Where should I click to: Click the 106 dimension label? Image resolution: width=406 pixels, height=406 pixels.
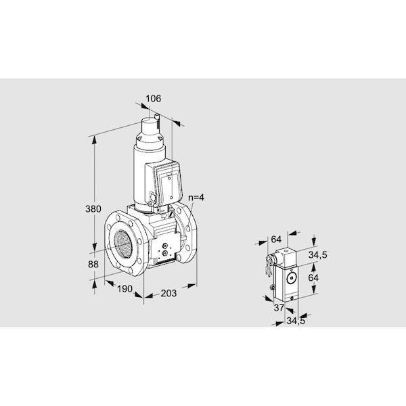coord(153,99)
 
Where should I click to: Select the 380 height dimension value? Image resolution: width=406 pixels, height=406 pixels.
coord(93,208)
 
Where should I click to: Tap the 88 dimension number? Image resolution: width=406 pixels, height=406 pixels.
coord(93,265)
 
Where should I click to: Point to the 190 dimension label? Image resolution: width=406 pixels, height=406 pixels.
coord(125,289)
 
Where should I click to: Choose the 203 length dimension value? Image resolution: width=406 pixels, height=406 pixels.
coord(168,293)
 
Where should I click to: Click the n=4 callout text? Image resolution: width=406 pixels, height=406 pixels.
coord(196,198)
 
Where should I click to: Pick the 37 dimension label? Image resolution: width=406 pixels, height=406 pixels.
coord(279,308)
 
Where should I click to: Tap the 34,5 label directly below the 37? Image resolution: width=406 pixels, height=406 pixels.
coord(296,321)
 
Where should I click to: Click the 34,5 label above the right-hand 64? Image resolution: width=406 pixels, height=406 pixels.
coord(318,255)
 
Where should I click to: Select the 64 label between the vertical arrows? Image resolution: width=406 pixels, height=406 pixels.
coord(313,278)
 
